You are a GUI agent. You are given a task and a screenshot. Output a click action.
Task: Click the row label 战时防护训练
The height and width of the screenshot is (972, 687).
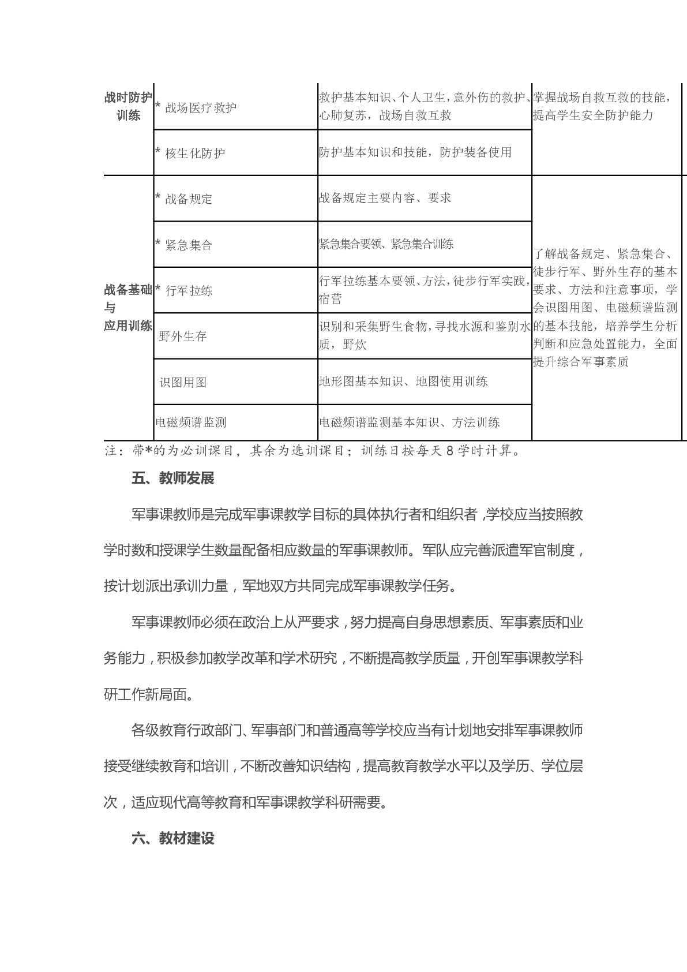[128, 107]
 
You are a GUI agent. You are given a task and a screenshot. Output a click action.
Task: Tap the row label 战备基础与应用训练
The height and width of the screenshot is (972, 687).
[128, 308]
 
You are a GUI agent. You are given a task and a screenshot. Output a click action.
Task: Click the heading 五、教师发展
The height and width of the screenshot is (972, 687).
[173, 478]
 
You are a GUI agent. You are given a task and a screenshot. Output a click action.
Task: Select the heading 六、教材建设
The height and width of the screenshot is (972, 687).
[173, 839]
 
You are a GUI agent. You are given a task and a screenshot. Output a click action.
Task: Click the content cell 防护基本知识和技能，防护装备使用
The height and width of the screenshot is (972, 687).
[415, 152]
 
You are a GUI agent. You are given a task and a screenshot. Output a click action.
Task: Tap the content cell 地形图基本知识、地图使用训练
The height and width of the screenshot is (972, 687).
[403, 382]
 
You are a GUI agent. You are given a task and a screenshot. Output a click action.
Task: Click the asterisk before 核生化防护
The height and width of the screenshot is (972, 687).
[158, 152]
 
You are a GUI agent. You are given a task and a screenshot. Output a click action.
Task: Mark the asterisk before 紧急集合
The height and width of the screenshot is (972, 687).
[158, 243]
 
